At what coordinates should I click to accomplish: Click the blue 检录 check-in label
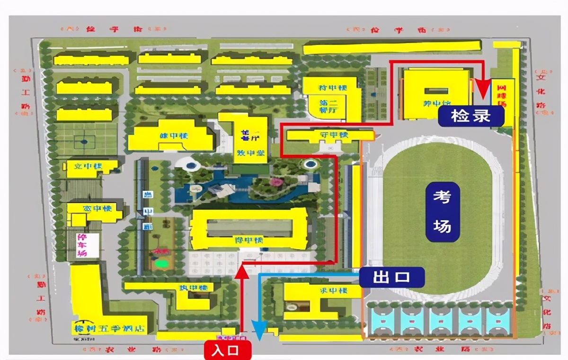coord(470,116)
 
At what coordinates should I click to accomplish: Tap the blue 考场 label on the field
coord(442,212)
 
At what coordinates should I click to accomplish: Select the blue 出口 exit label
coord(391,278)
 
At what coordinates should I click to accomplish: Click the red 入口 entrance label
coord(227,351)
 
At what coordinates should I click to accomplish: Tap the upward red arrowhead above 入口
coord(241,271)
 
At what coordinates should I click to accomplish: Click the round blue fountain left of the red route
coord(310,165)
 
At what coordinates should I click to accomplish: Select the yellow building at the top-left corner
coord(91,60)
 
